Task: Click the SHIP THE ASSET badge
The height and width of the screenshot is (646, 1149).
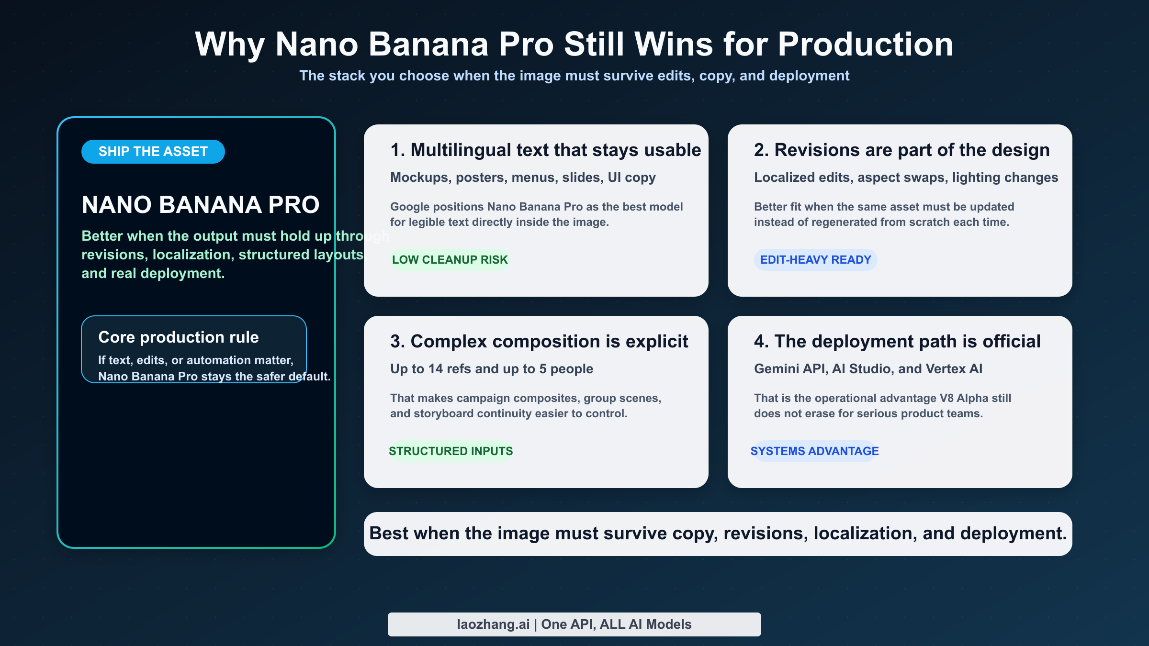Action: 153,152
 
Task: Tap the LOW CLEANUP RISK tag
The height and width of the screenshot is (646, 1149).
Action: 450,260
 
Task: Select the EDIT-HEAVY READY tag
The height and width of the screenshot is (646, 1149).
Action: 815,260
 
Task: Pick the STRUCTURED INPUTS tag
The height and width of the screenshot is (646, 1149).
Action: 451,451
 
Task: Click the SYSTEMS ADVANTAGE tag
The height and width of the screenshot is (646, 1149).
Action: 814,451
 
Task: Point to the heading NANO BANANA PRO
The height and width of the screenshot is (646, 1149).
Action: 200,205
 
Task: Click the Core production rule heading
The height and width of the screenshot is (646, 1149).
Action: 178,337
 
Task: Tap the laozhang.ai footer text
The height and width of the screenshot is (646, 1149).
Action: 493,624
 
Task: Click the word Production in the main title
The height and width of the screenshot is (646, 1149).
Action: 865,45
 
